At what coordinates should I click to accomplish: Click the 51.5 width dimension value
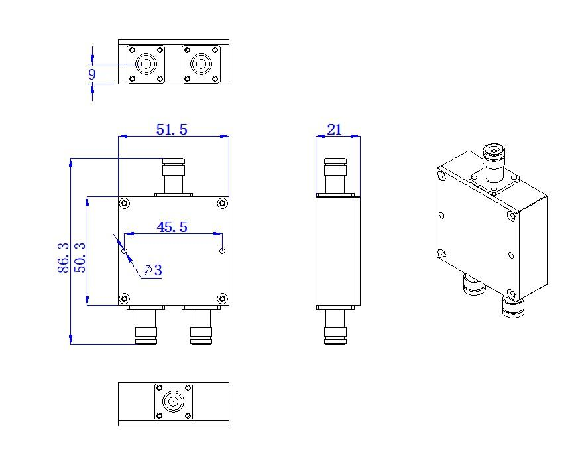(x=172, y=129)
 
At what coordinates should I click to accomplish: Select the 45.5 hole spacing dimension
(x=172, y=227)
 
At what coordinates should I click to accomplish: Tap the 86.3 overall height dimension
(x=64, y=258)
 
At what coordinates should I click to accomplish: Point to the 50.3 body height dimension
(x=80, y=258)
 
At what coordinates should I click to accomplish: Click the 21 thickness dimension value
(x=334, y=129)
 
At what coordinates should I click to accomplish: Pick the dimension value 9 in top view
(x=92, y=74)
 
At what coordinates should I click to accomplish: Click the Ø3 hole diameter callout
(x=153, y=270)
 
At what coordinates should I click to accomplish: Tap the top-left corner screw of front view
(x=125, y=203)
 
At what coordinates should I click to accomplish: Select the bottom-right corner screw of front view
(x=222, y=298)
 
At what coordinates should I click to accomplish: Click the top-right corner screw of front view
(x=222, y=203)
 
